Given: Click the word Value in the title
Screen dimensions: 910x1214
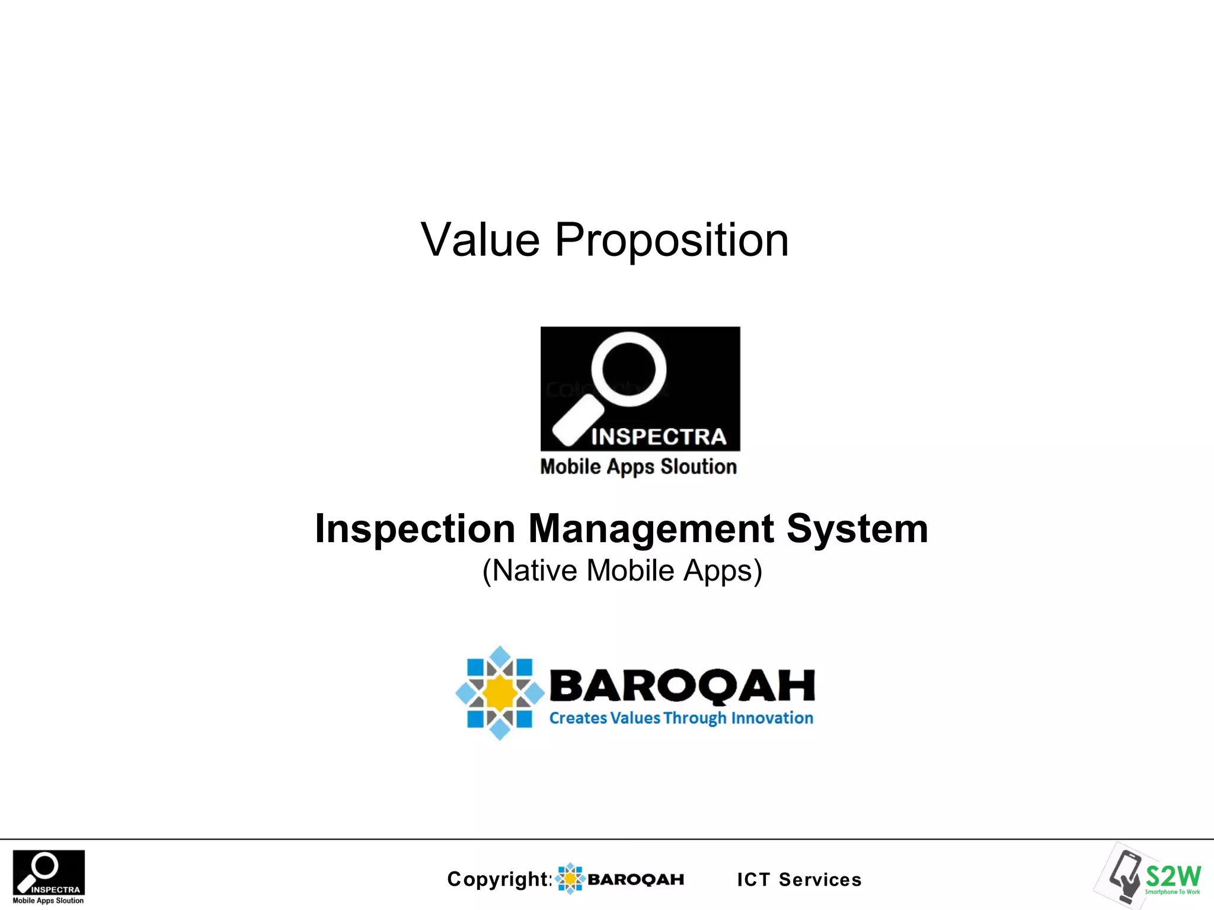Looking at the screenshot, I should (x=480, y=240).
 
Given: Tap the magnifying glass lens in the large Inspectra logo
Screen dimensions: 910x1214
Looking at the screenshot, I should (x=629, y=369).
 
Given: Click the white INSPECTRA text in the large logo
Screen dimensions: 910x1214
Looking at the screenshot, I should (x=659, y=437).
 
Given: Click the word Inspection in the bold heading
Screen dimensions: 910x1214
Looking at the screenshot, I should (x=415, y=528).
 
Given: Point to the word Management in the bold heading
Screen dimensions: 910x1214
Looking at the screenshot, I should (x=651, y=528).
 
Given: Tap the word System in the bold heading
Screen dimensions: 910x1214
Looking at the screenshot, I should (x=857, y=528).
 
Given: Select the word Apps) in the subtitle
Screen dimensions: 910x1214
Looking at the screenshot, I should (x=723, y=571).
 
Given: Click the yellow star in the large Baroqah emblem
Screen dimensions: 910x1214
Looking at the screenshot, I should (x=500, y=693).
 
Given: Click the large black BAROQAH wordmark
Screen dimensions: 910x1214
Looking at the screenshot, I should (x=682, y=685).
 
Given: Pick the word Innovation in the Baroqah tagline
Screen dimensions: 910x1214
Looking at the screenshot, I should (x=772, y=718).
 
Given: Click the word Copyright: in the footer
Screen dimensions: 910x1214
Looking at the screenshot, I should (x=500, y=879).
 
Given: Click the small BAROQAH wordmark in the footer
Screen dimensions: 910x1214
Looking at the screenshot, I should (x=635, y=879).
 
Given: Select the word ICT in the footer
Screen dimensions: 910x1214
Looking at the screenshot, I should (x=753, y=880).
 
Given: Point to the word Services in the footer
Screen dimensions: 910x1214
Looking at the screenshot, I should (x=820, y=880).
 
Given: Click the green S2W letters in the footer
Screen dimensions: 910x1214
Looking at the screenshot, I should (x=1173, y=876).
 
